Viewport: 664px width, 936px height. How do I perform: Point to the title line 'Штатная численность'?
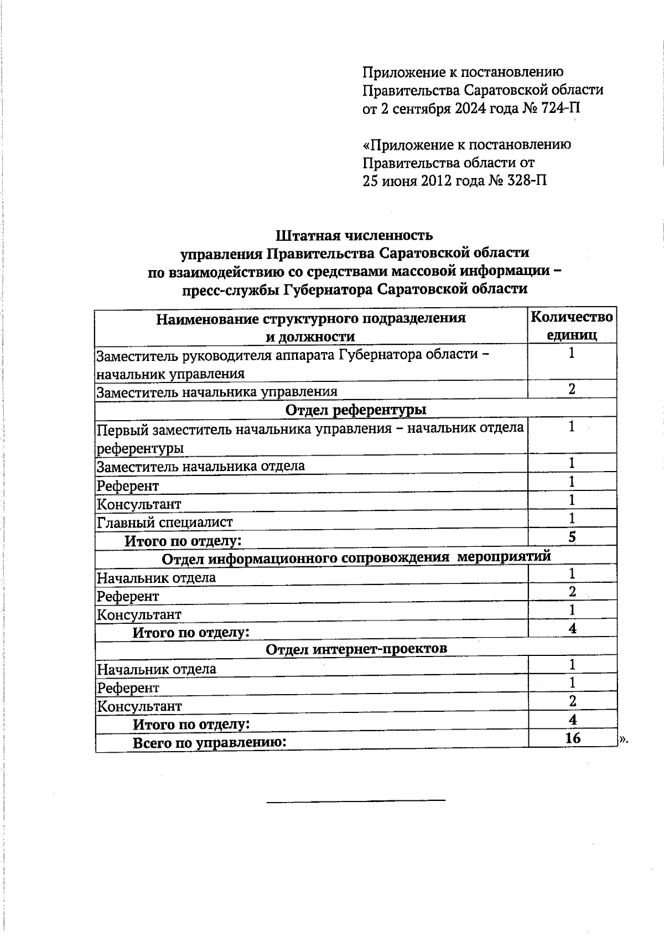pyautogui.click(x=354, y=236)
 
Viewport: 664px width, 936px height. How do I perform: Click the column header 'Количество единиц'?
pyautogui.click(x=572, y=326)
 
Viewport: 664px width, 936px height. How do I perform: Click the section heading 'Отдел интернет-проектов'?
pyautogui.click(x=356, y=648)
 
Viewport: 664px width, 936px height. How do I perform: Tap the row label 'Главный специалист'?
pyautogui.click(x=165, y=522)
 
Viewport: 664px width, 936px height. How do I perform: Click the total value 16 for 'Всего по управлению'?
pyautogui.click(x=573, y=738)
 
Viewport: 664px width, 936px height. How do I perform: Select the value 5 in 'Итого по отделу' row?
pyautogui.click(x=572, y=536)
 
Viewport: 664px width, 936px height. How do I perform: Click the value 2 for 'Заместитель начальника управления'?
pyautogui.click(x=572, y=389)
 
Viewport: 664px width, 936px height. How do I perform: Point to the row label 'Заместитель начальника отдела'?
pyautogui.click(x=200, y=466)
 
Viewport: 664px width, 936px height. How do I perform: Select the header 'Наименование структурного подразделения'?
pyautogui.click(x=310, y=319)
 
